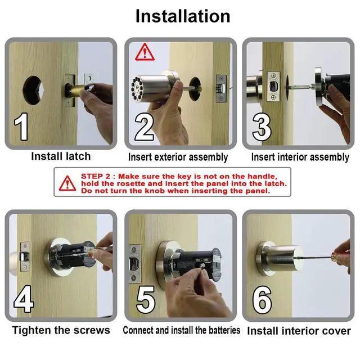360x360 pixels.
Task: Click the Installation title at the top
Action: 182,16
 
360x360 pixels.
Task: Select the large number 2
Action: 145,128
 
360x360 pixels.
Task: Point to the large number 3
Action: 262,128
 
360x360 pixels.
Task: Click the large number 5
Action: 146,300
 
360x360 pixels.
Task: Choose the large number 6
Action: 262,300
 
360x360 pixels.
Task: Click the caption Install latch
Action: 61,156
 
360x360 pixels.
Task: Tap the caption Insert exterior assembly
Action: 178,157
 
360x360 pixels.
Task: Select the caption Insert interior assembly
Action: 300,157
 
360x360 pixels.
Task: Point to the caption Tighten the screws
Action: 61,330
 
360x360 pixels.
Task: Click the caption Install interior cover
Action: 299,331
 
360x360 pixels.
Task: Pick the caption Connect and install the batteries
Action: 181,330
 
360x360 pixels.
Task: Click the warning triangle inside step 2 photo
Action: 145,52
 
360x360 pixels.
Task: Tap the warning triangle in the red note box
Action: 69,183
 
